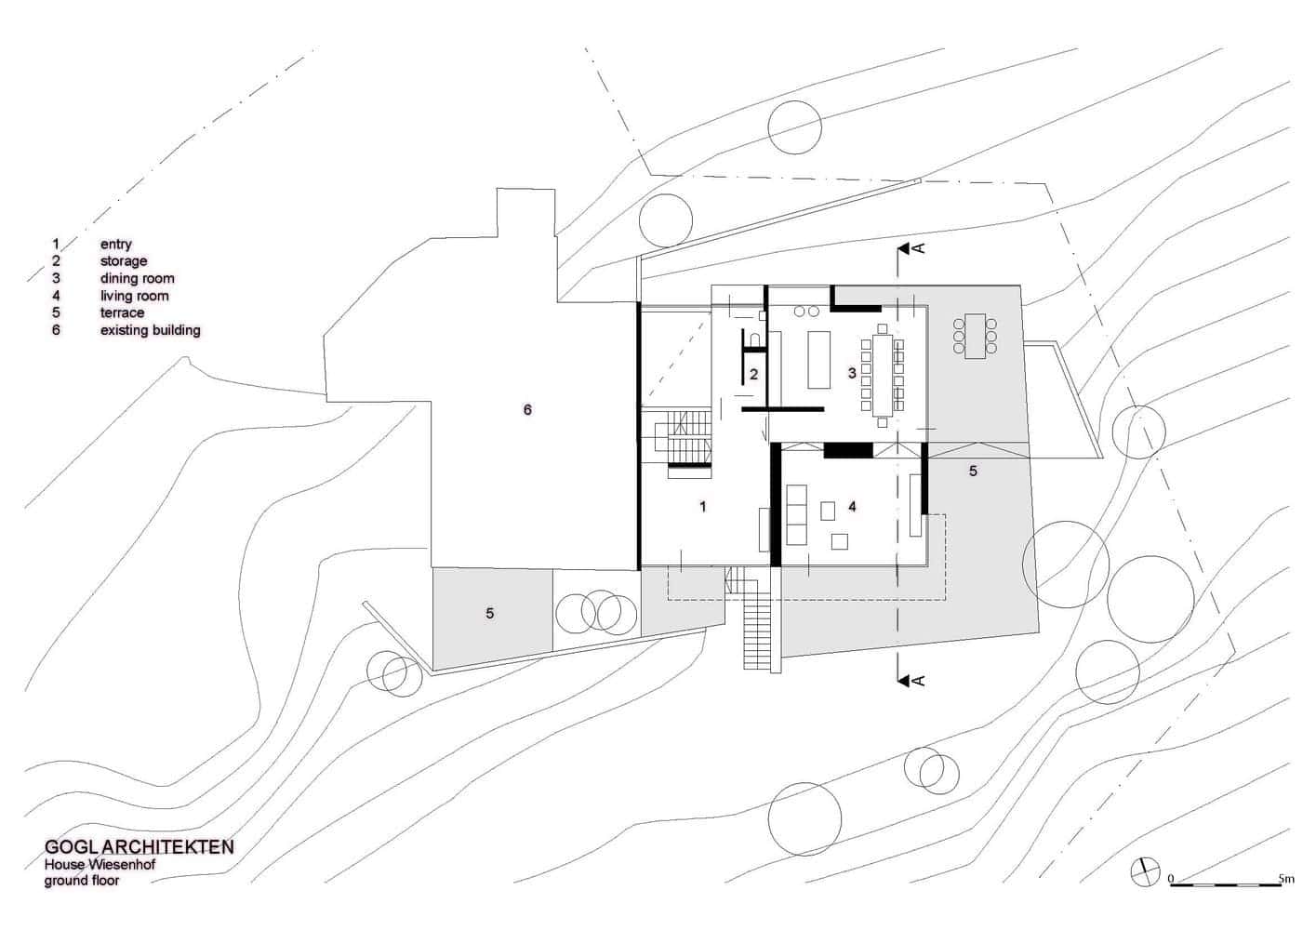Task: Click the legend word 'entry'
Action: (116, 245)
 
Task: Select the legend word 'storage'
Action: (124, 261)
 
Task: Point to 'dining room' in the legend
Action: (137, 278)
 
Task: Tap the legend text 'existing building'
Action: (150, 330)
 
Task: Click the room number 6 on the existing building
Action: (527, 409)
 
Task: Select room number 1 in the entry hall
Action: (703, 507)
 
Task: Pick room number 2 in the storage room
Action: (754, 374)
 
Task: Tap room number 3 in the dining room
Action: (851, 373)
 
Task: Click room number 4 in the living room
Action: (852, 507)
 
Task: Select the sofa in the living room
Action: (796, 513)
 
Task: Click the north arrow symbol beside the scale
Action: (1144, 872)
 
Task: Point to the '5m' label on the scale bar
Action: (1286, 878)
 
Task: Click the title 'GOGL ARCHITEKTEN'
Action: (139, 847)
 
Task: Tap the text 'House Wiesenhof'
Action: (100, 865)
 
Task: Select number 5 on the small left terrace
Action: (490, 613)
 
